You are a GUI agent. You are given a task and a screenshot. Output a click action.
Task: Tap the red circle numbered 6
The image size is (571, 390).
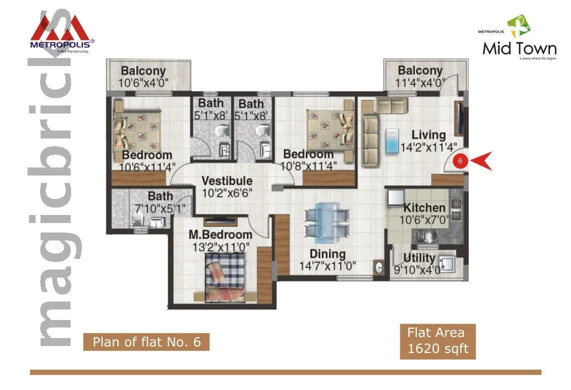[460, 161]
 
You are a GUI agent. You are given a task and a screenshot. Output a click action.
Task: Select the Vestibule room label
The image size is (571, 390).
[227, 181]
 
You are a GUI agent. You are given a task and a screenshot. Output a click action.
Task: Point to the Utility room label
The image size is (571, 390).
[419, 258]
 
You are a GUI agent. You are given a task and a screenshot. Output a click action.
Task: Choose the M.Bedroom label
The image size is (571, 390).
[220, 234]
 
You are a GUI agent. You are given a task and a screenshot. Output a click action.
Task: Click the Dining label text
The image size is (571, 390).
[327, 254]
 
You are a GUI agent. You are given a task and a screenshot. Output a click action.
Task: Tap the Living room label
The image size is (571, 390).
[428, 135]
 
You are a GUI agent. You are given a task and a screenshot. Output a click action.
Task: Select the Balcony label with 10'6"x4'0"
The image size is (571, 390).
[143, 71]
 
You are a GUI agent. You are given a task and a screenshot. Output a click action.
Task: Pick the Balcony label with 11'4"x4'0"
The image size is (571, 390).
[420, 71]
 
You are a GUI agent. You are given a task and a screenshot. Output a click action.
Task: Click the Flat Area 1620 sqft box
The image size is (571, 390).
[437, 341]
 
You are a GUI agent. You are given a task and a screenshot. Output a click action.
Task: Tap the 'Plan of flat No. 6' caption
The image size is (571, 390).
[146, 342]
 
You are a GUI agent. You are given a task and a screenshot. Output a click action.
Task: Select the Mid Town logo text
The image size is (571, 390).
[519, 48]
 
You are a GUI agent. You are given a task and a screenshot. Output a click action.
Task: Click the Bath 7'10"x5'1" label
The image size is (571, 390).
[160, 196]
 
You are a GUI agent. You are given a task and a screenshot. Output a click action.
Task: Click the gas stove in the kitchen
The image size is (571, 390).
[456, 210]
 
